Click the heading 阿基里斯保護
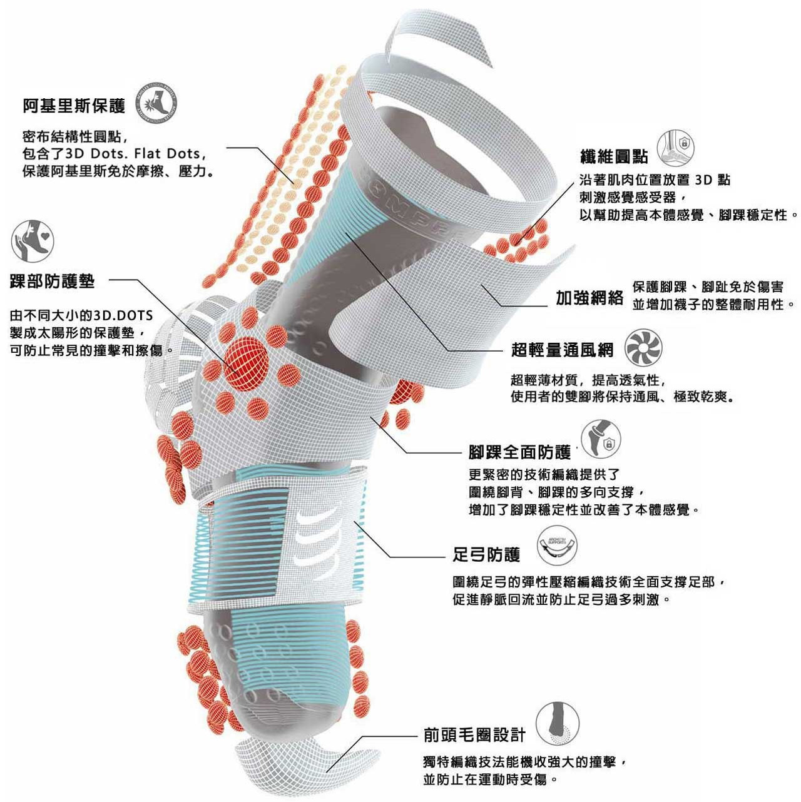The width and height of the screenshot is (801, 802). (x=74, y=106)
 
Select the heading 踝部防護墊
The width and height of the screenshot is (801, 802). (x=52, y=282)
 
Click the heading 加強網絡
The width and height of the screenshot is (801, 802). (x=589, y=298)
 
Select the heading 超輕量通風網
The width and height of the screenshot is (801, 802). (x=562, y=350)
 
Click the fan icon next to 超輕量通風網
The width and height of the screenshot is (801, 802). (x=643, y=348)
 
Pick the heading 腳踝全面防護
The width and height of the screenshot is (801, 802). (x=519, y=452)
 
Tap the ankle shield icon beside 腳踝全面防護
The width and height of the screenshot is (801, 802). (x=601, y=440)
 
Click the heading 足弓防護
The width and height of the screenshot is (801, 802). (x=486, y=554)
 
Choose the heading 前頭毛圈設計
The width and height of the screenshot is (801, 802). (x=474, y=735)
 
